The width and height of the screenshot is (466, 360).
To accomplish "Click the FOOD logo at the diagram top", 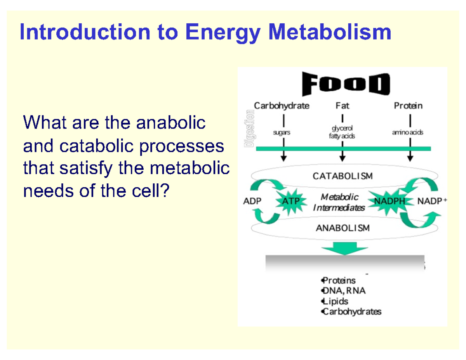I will [345, 84].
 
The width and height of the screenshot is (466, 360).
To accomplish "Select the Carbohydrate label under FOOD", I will [282, 105].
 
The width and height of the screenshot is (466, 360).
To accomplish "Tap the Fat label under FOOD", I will [342, 105].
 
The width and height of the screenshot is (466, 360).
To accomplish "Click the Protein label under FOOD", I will [408, 105].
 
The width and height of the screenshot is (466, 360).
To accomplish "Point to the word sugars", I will [282, 132].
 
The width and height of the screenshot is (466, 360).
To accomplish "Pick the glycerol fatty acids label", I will [342, 132].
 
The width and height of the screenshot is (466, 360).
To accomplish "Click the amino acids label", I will [408, 132].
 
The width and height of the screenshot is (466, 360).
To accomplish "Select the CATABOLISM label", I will [343, 176].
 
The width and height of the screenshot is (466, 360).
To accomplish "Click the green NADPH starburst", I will [389, 202].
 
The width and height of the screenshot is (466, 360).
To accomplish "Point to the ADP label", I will [252, 201].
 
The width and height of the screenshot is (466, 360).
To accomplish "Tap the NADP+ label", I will [432, 201].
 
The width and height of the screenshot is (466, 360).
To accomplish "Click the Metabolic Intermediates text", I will [339, 202].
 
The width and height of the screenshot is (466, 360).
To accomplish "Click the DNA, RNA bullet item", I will [343, 291].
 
